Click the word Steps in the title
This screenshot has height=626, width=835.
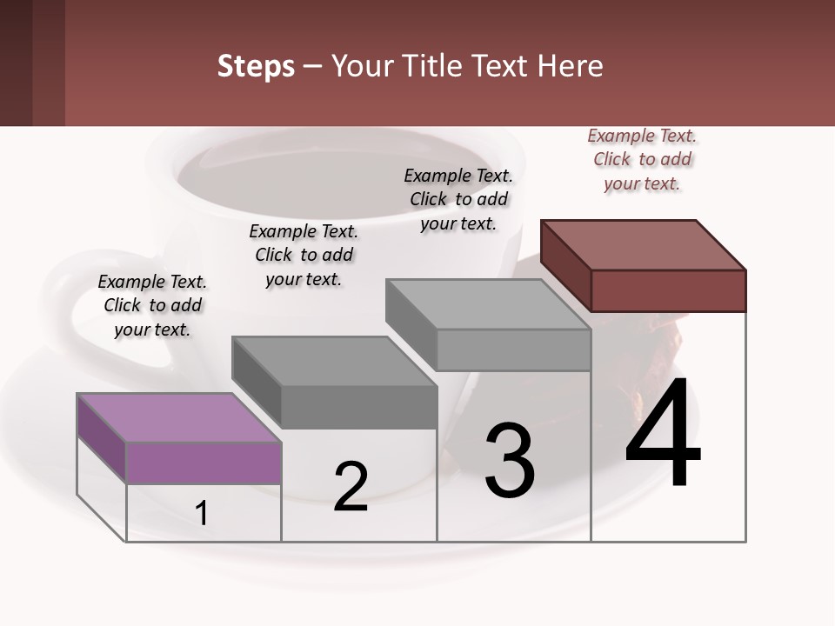pyautogui.click(x=255, y=66)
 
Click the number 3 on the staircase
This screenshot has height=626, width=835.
pyautogui.click(x=510, y=460)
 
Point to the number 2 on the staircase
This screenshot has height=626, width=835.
pyautogui.click(x=351, y=487)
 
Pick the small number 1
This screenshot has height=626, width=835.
pyautogui.click(x=202, y=514)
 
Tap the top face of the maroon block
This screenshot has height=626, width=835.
pyautogui.click(x=644, y=244)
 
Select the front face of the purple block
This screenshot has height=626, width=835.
pyautogui.click(x=204, y=463)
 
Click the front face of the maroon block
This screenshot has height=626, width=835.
pyautogui.click(x=668, y=290)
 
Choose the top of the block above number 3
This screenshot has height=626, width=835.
pyautogui.click(x=488, y=304)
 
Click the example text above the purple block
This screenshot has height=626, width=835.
pyautogui.click(x=152, y=305)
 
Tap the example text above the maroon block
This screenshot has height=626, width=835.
pyautogui.click(x=642, y=159)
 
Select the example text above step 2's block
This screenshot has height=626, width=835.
pyautogui.click(x=304, y=255)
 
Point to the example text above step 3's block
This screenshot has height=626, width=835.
pyautogui.click(x=458, y=199)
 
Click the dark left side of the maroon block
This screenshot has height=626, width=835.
pyautogui.click(x=565, y=265)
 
